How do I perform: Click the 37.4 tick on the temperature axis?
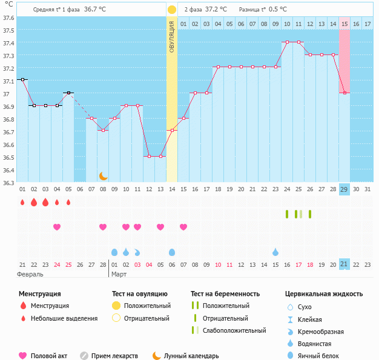click(x=8, y=44)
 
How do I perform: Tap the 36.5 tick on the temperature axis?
click(x=8, y=157)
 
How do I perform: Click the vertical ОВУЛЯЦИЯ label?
click(x=172, y=37)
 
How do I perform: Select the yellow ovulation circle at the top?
click(x=172, y=10)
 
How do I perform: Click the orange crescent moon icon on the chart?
click(x=104, y=176)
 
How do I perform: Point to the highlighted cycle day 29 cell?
click(x=344, y=189)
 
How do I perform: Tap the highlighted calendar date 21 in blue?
click(x=344, y=264)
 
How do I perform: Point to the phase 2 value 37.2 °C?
click(x=215, y=10)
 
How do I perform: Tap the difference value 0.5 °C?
click(x=277, y=10)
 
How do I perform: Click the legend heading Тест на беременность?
click(x=225, y=294)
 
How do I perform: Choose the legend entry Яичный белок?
click(x=323, y=356)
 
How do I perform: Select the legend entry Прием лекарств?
click(x=114, y=356)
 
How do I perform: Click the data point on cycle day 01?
click(x=22, y=79)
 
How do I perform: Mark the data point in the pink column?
click(x=344, y=93)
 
